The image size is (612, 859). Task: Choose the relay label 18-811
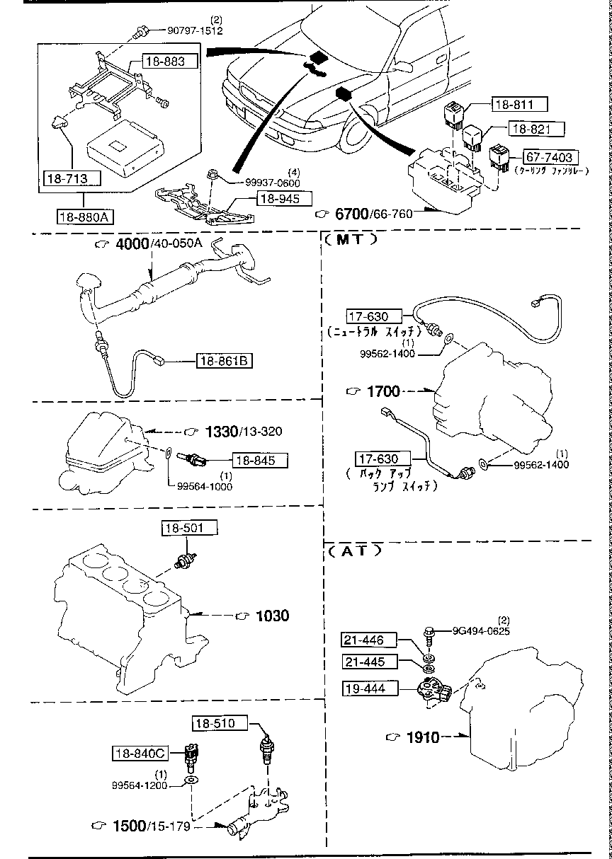[520, 105]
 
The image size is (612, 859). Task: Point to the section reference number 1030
[272, 616]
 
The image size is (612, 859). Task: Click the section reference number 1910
[423, 737]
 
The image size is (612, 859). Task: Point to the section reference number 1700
[382, 391]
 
